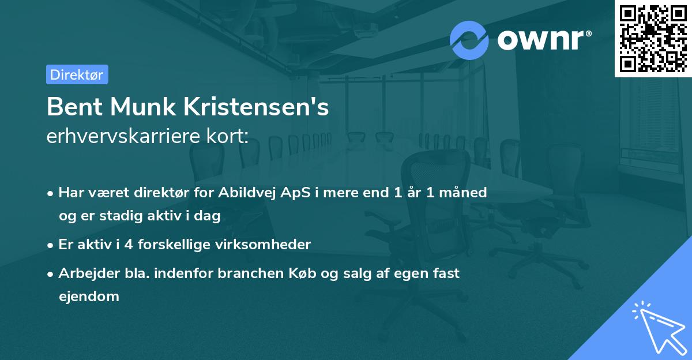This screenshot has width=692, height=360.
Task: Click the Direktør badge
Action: click(77, 74)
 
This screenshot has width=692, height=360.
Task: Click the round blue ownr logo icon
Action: click(469, 40)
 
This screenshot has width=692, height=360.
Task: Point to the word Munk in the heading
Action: click(141, 107)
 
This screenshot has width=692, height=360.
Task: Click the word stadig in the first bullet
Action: click(118, 216)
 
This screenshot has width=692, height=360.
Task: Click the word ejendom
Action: click(89, 297)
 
